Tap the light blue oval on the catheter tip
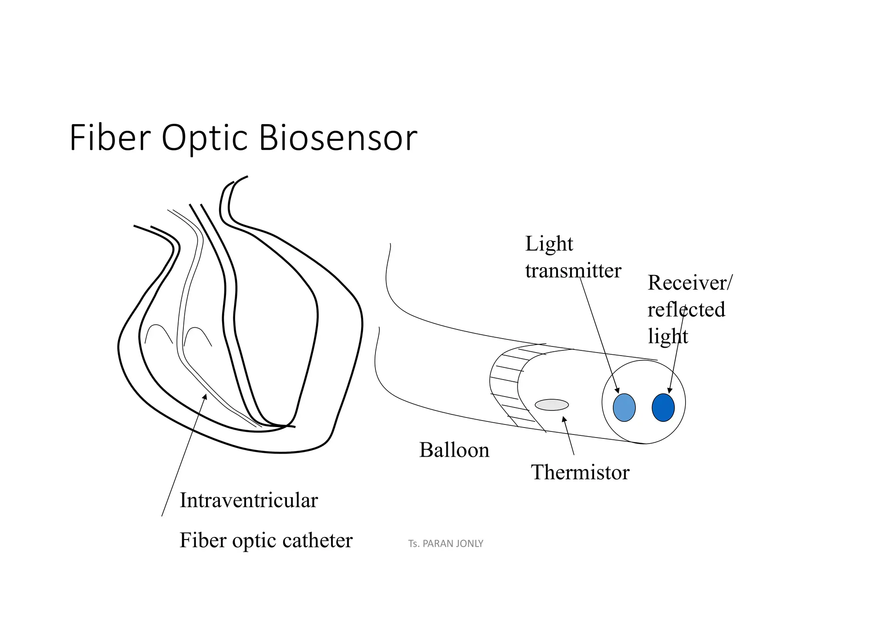tap(624, 407)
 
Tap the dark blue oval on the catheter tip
tap(663, 407)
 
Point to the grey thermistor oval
tap(551, 405)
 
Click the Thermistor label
tap(580, 472)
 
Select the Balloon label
tap(454, 450)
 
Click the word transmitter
tap(573, 271)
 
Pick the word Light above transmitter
tap(549, 244)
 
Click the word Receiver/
tap(690, 283)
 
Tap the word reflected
tap(686, 310)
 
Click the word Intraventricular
tap(249, 500)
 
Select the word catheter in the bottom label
tap(317, 541)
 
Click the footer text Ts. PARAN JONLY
tap(446, 544)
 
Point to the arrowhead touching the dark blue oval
tap(670, 390)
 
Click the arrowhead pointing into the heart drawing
tap(205, 396)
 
